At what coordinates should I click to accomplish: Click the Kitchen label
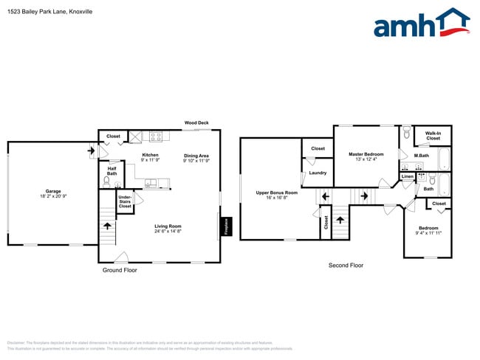point(151,155)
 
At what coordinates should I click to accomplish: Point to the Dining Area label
point(196,155)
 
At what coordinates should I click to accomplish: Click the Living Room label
point(168,226)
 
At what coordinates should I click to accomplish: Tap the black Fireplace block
point(226,226)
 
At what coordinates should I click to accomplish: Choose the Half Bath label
point(112,170)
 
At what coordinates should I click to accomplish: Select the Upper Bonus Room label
point(271,193)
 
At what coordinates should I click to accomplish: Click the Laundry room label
point(318,173)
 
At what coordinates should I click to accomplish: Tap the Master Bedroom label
point(366,154)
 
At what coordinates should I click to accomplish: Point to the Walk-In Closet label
point(433,136)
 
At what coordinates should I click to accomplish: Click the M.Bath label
point(421,156)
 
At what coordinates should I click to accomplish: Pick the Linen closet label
point(408,177)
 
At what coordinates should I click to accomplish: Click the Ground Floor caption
point(120,270)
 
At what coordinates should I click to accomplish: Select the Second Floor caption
point(346,265)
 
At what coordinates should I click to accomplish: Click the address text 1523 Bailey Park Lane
point(44,11)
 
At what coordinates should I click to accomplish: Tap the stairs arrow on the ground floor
point(108,226)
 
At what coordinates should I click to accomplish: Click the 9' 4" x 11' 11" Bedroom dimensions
point(429,232)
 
